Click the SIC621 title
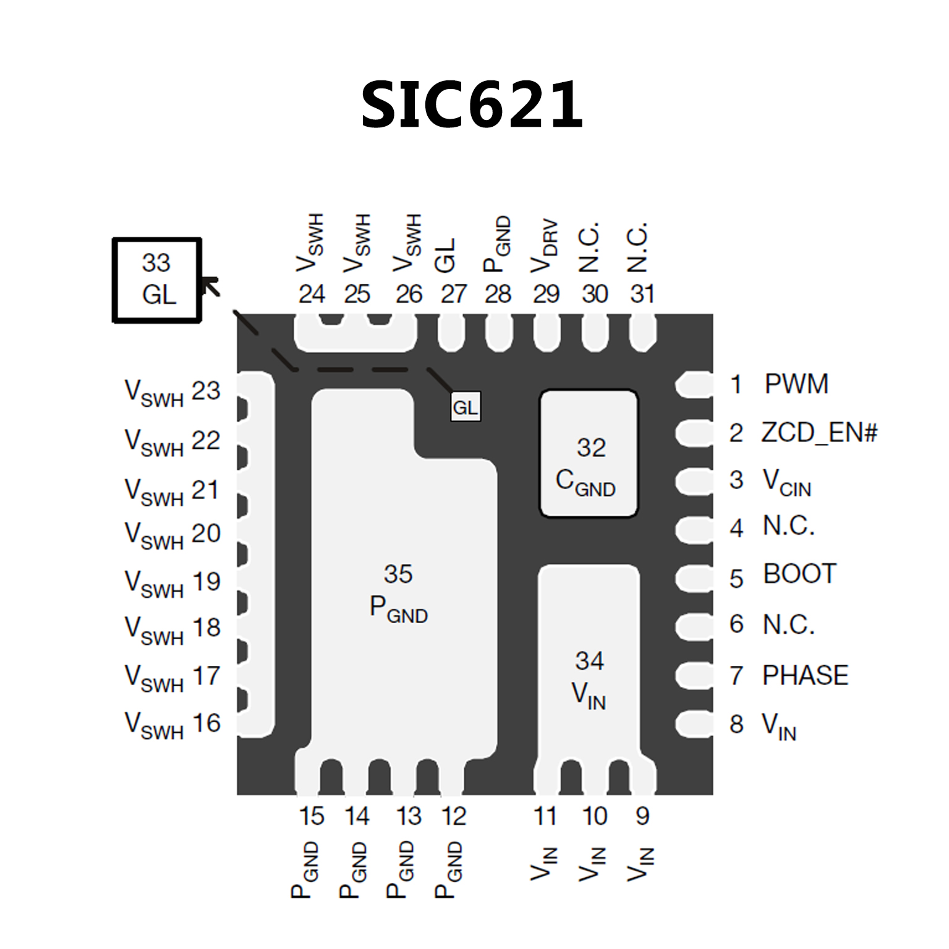coord(472,105)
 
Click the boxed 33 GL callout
coord(157,280)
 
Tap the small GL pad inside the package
coord(465,407)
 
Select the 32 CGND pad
coord(588,454)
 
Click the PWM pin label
coord(796,384)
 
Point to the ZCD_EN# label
coord(819,433)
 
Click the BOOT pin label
coord(800,574)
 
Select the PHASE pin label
coord(805,675)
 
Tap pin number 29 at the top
coord(547,294)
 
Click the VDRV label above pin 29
coord(545,246)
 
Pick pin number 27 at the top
coord(453,294)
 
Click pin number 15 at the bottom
coord(312,817)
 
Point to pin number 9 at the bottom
coord(642,817)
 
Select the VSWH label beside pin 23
coord(154,394)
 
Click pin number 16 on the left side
coord(206,723)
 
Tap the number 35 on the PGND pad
coord(398,574)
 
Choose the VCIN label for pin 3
coord(787,482)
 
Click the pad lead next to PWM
coord(694,385)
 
